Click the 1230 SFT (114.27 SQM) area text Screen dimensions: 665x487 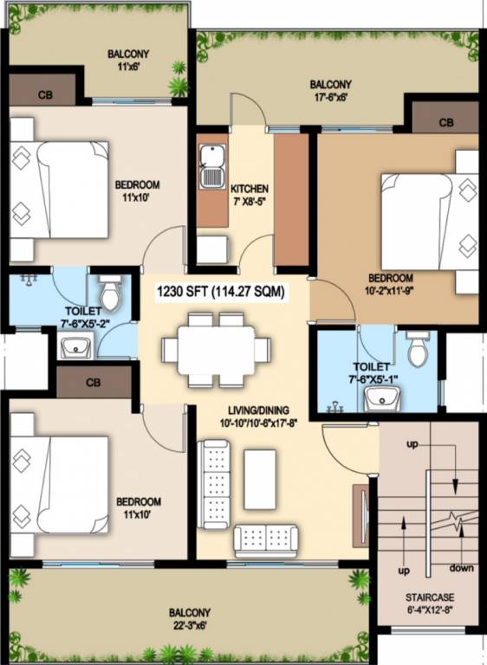click(x=220, y=293)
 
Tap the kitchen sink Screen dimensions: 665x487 click(x=211, y=166)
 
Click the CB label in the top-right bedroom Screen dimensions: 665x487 click(x=445, y=123)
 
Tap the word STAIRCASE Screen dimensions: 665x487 click(x=429, y=597)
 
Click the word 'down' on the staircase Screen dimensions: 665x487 click(x=461, y=568)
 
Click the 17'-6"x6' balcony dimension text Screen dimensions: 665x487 click(x=332, y=97)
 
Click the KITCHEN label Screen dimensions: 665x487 click(x=249, y=189)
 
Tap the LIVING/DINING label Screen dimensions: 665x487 click(x=254, y=410)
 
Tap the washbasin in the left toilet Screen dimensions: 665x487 click(x=77, y=348)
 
